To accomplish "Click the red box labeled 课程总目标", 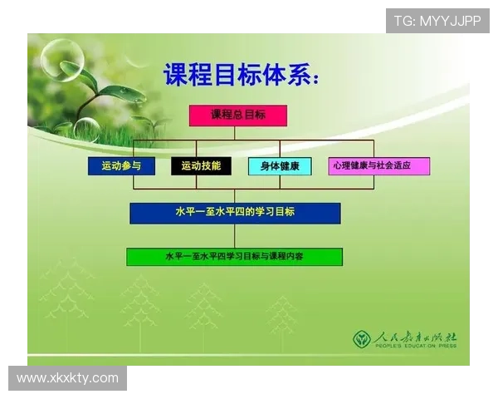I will pos(237,116).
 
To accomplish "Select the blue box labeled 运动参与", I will pos(121,166).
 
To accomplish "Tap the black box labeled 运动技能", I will pos(201,166).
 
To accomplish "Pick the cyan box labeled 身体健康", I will pos(280,166).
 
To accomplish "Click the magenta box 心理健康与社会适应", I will pos(378,166).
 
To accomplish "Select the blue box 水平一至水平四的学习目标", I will pos(235,213).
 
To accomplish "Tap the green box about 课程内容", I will pos(234,257).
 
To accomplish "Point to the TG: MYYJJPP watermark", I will pos(437,20).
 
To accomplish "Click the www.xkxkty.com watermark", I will pos(68,378).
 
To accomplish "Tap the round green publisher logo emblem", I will pos(362,339).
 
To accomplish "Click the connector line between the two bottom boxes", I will pos(235,236).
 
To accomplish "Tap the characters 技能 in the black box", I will pos(211,166).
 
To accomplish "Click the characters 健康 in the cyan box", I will pos(290,166).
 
